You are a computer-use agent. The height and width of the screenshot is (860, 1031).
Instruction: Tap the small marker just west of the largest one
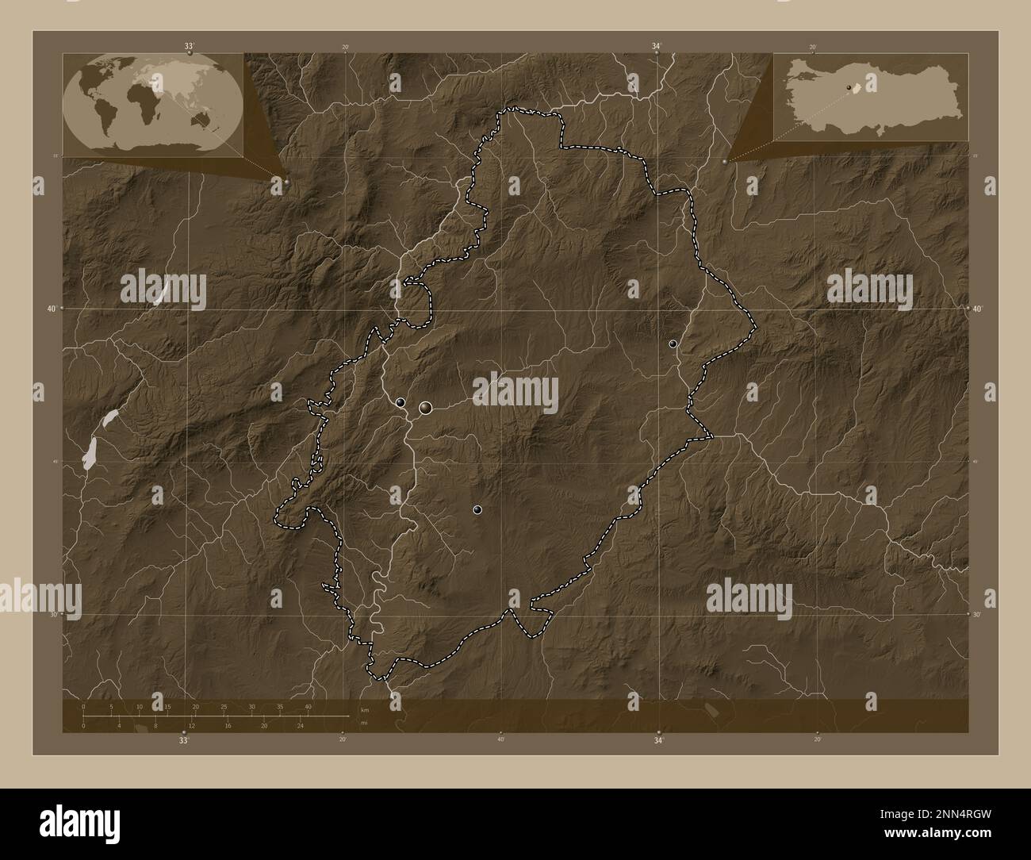(x=401, y=403)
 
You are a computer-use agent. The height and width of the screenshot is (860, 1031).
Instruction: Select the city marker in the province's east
(x=673, y=344)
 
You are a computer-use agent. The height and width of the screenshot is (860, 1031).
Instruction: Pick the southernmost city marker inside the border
(x=477, y=510)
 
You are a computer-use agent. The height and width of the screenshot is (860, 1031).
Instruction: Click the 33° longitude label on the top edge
(x=189, y=47)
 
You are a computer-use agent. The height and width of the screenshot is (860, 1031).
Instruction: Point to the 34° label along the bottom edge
(x=658, y=740)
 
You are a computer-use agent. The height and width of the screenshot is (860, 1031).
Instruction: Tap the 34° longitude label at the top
(x=656, y=47)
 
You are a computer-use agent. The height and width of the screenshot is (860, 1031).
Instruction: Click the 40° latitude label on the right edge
(x=978, y=308)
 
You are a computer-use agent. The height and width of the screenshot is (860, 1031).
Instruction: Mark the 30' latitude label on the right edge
(x=976, y=614)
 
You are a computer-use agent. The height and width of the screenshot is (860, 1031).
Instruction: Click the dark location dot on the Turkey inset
(x=849, y=87)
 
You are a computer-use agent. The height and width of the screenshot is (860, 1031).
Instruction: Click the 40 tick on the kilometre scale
(x=308, y=706)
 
